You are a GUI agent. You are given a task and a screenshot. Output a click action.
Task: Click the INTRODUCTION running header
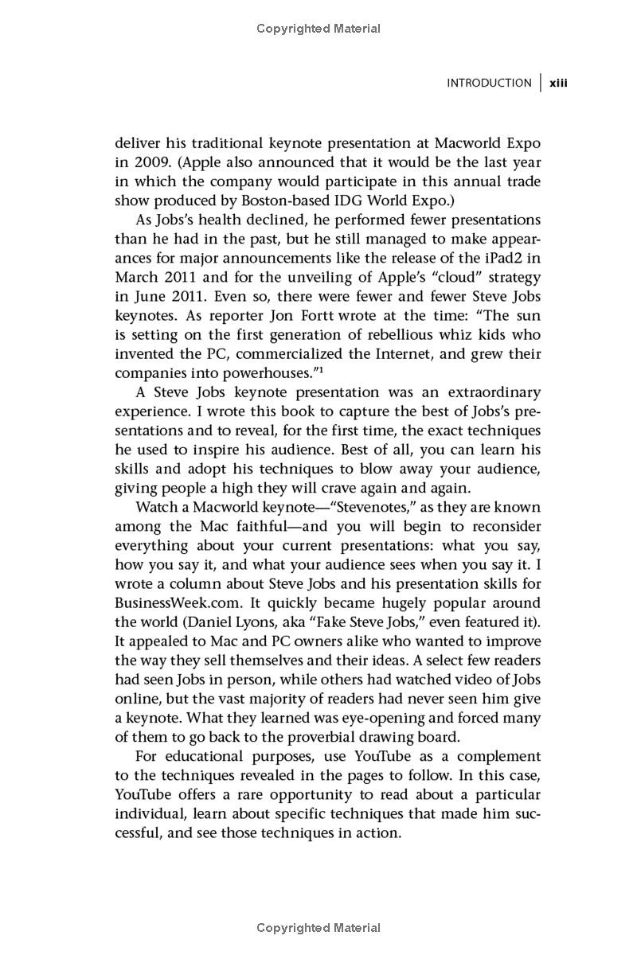point(488,83)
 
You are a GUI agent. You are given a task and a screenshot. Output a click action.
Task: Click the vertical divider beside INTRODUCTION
point(541,83)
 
